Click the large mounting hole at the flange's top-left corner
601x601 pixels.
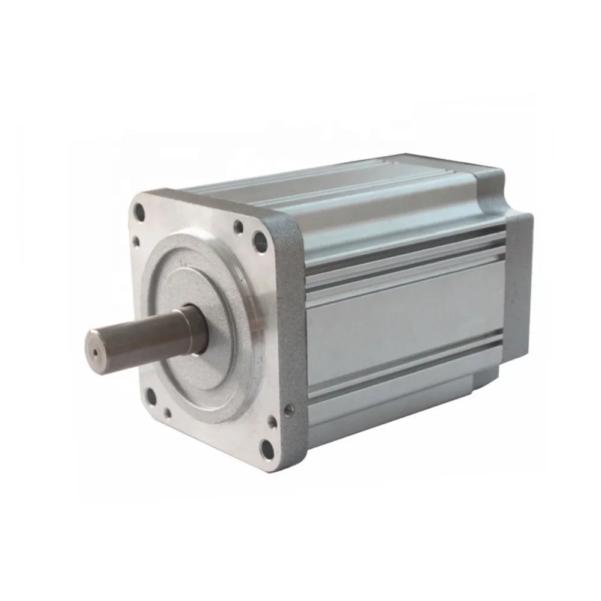tap(140, 212)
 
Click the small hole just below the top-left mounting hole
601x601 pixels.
tap(136, 240)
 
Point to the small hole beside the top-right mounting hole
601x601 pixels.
tap(239, 227)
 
